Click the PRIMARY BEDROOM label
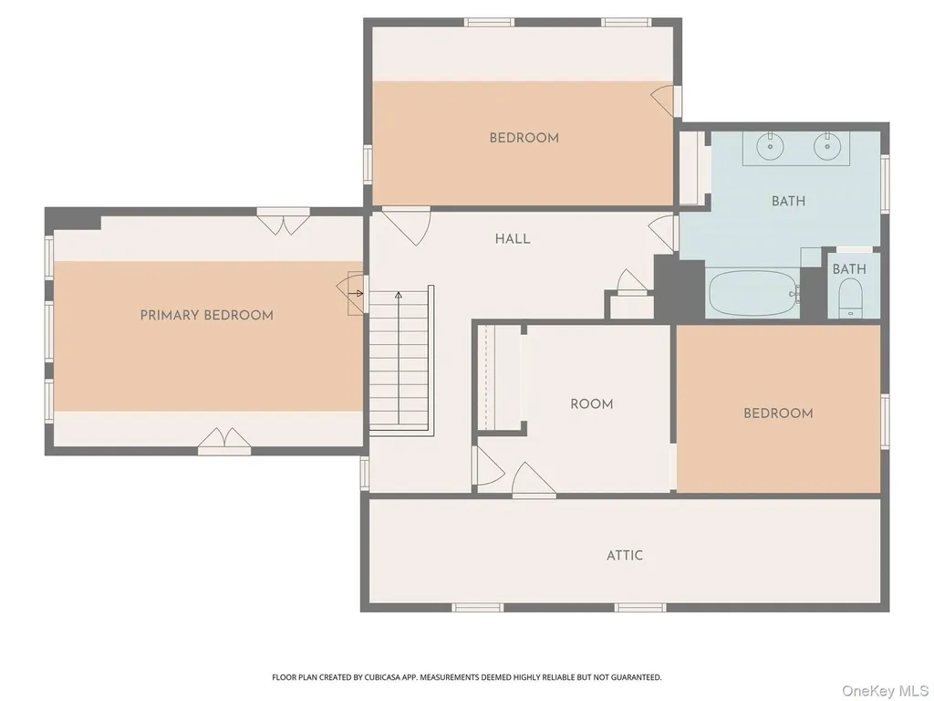click(207, 315)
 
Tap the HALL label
click(513, 239)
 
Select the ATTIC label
click(625, 556)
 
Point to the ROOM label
click(591, 404)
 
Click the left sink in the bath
click(770, 146)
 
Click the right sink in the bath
click(826, 146)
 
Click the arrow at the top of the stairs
click(399, 295)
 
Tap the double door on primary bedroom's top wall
click(284, 224)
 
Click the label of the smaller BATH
click(849, 269)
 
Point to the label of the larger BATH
click(789, 201)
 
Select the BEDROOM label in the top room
click(524, 139)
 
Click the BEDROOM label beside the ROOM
click(778, 413)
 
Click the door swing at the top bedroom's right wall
click(662, 101)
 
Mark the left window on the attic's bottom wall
click(478, 607)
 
